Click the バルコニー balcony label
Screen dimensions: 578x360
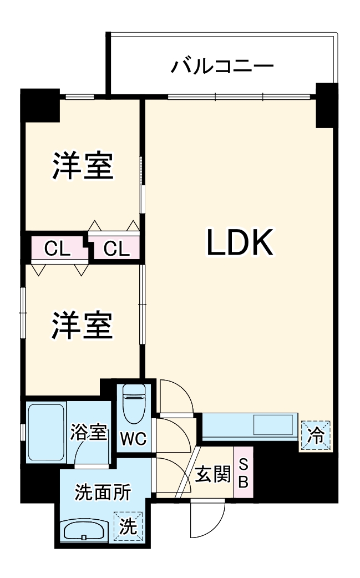(222, 67)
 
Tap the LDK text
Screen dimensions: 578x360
(240, 242)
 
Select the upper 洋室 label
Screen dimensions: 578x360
(83, 165)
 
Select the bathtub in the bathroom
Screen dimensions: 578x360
(45, 430)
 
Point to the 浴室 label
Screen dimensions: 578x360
(88, 432)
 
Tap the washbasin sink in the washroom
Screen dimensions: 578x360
(84, 530)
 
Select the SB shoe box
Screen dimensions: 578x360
(243, 472)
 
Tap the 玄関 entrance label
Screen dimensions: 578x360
(213, 474)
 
